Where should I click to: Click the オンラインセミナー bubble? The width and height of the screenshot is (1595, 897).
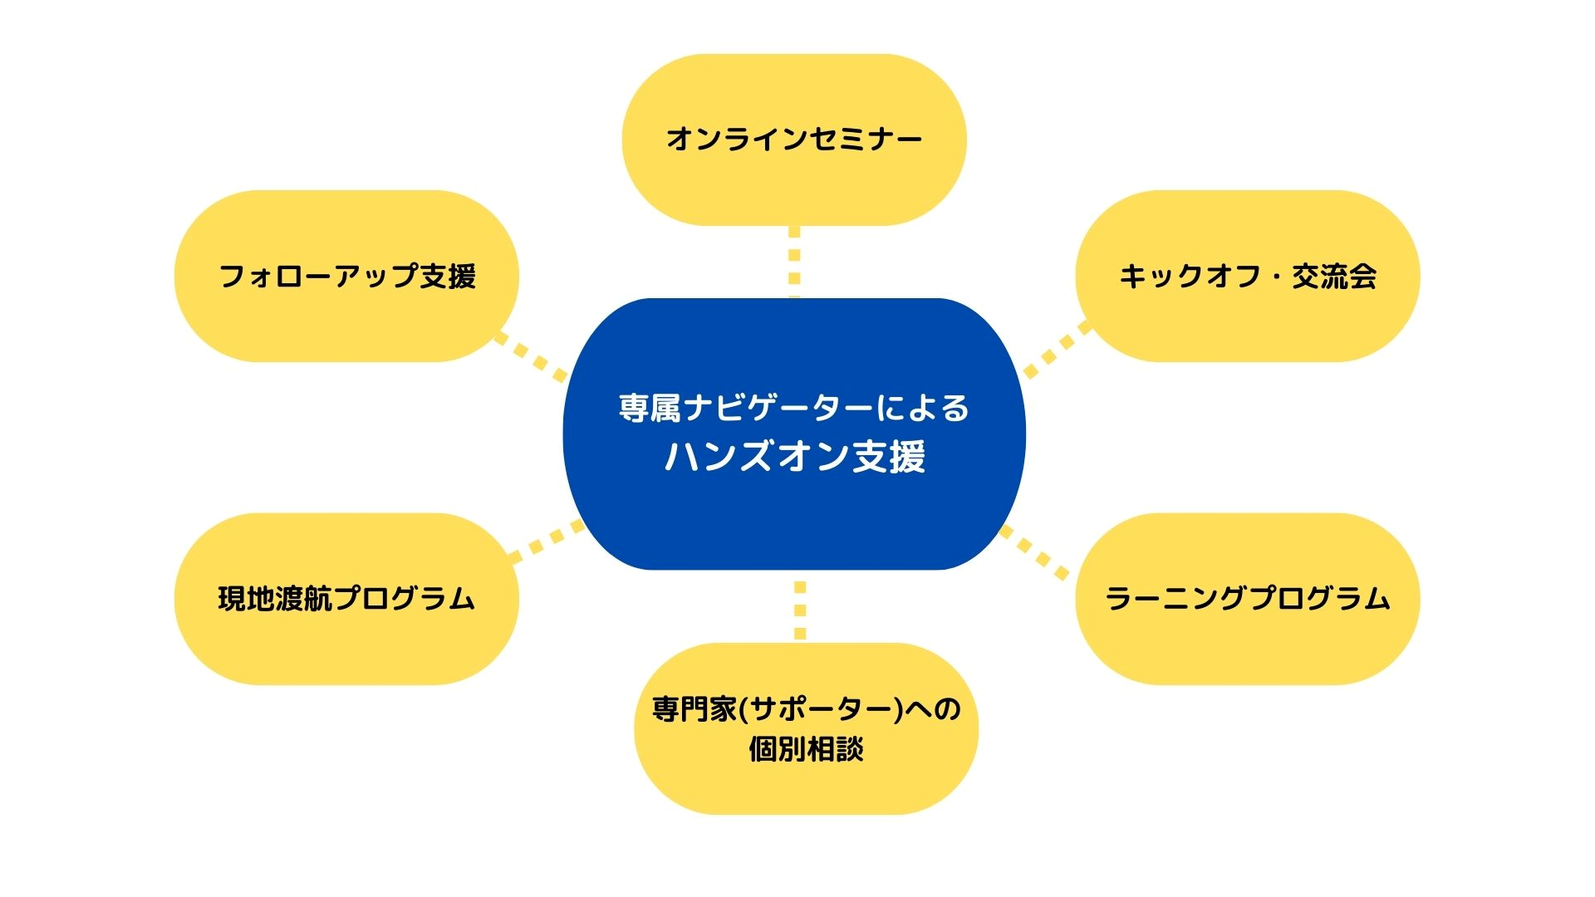point(794,140)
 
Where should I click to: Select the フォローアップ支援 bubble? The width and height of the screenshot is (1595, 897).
point(346,276)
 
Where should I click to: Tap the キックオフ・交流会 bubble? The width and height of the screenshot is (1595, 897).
point(1248,276)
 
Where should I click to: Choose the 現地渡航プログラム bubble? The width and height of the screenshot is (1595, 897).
point(346,599)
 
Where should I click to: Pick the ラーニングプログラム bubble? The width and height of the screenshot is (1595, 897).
point(1248,599)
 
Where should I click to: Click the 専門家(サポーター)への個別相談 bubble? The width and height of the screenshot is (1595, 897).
point(806,728)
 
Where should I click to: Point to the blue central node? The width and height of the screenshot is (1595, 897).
point(794,434)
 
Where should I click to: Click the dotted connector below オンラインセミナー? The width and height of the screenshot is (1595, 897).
point(794,262)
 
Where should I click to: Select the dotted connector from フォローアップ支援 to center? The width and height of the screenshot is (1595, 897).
point(531,357)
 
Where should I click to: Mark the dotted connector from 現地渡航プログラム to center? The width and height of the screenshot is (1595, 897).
point(547,541)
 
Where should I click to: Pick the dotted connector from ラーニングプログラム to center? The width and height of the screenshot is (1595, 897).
point(1033,552)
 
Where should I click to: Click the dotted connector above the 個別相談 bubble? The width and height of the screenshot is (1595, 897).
point(800,610)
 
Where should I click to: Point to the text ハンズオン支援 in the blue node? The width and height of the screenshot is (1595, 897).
point(795,457)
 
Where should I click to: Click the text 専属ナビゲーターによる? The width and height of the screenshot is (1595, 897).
point(794,408)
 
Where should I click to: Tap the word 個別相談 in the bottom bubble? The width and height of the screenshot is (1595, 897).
point(806,749)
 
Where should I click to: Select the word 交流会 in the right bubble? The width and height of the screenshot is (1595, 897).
point(1334,277)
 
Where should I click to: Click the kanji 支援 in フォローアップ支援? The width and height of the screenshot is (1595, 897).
point(448,277)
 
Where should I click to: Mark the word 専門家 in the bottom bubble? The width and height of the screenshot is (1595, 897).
point(694,709)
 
